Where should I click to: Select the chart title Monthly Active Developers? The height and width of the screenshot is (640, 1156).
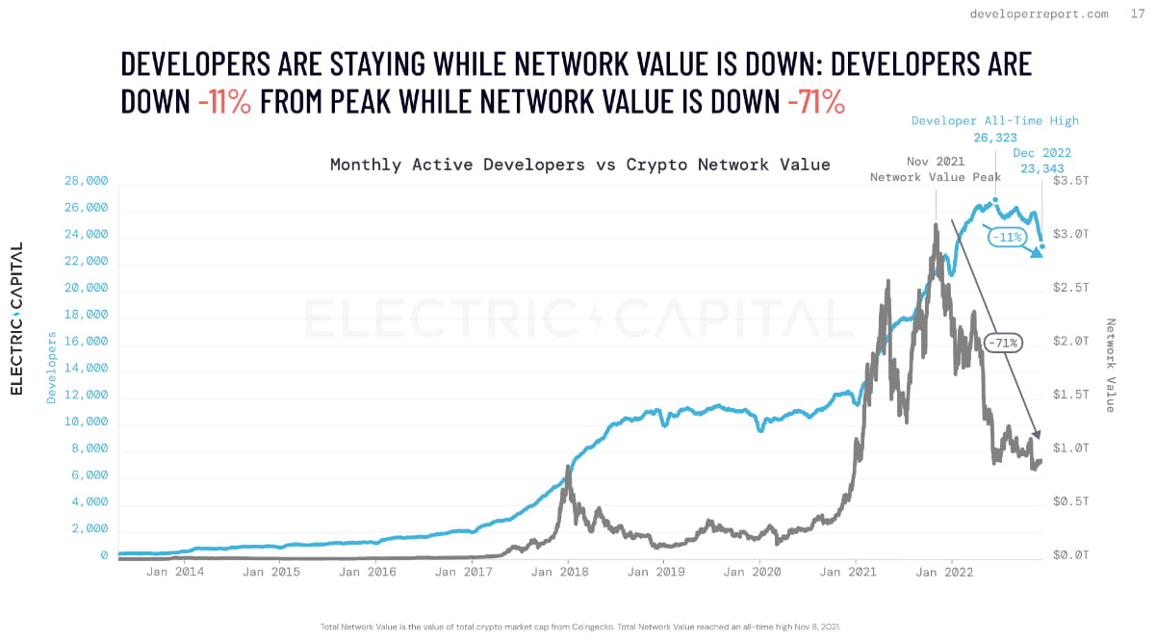tap(579, 164)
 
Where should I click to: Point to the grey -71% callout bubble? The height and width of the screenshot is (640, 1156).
tap(1003, 342)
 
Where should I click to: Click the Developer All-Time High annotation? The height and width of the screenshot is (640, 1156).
tap(995, 121)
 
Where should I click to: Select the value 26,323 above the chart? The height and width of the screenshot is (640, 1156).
tap(995, 138)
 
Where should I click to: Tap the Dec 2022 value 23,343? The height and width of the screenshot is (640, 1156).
tap(1041, 167)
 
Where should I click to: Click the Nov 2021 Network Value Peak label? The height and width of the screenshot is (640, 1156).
tap(936, 169)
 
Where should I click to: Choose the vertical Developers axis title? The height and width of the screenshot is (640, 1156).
tap(51, 381)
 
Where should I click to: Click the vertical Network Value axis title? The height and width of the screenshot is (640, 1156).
tap(1110, 366)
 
